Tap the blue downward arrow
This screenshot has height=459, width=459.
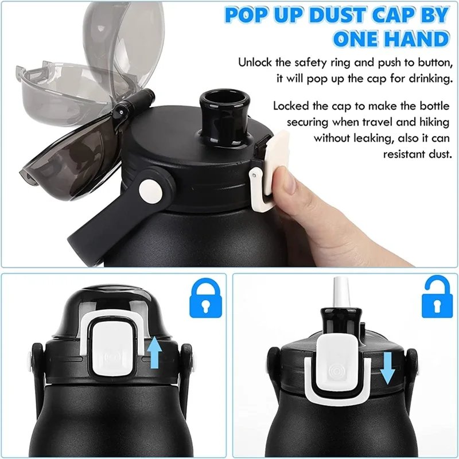pyautogui.click(x=387, y=368)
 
